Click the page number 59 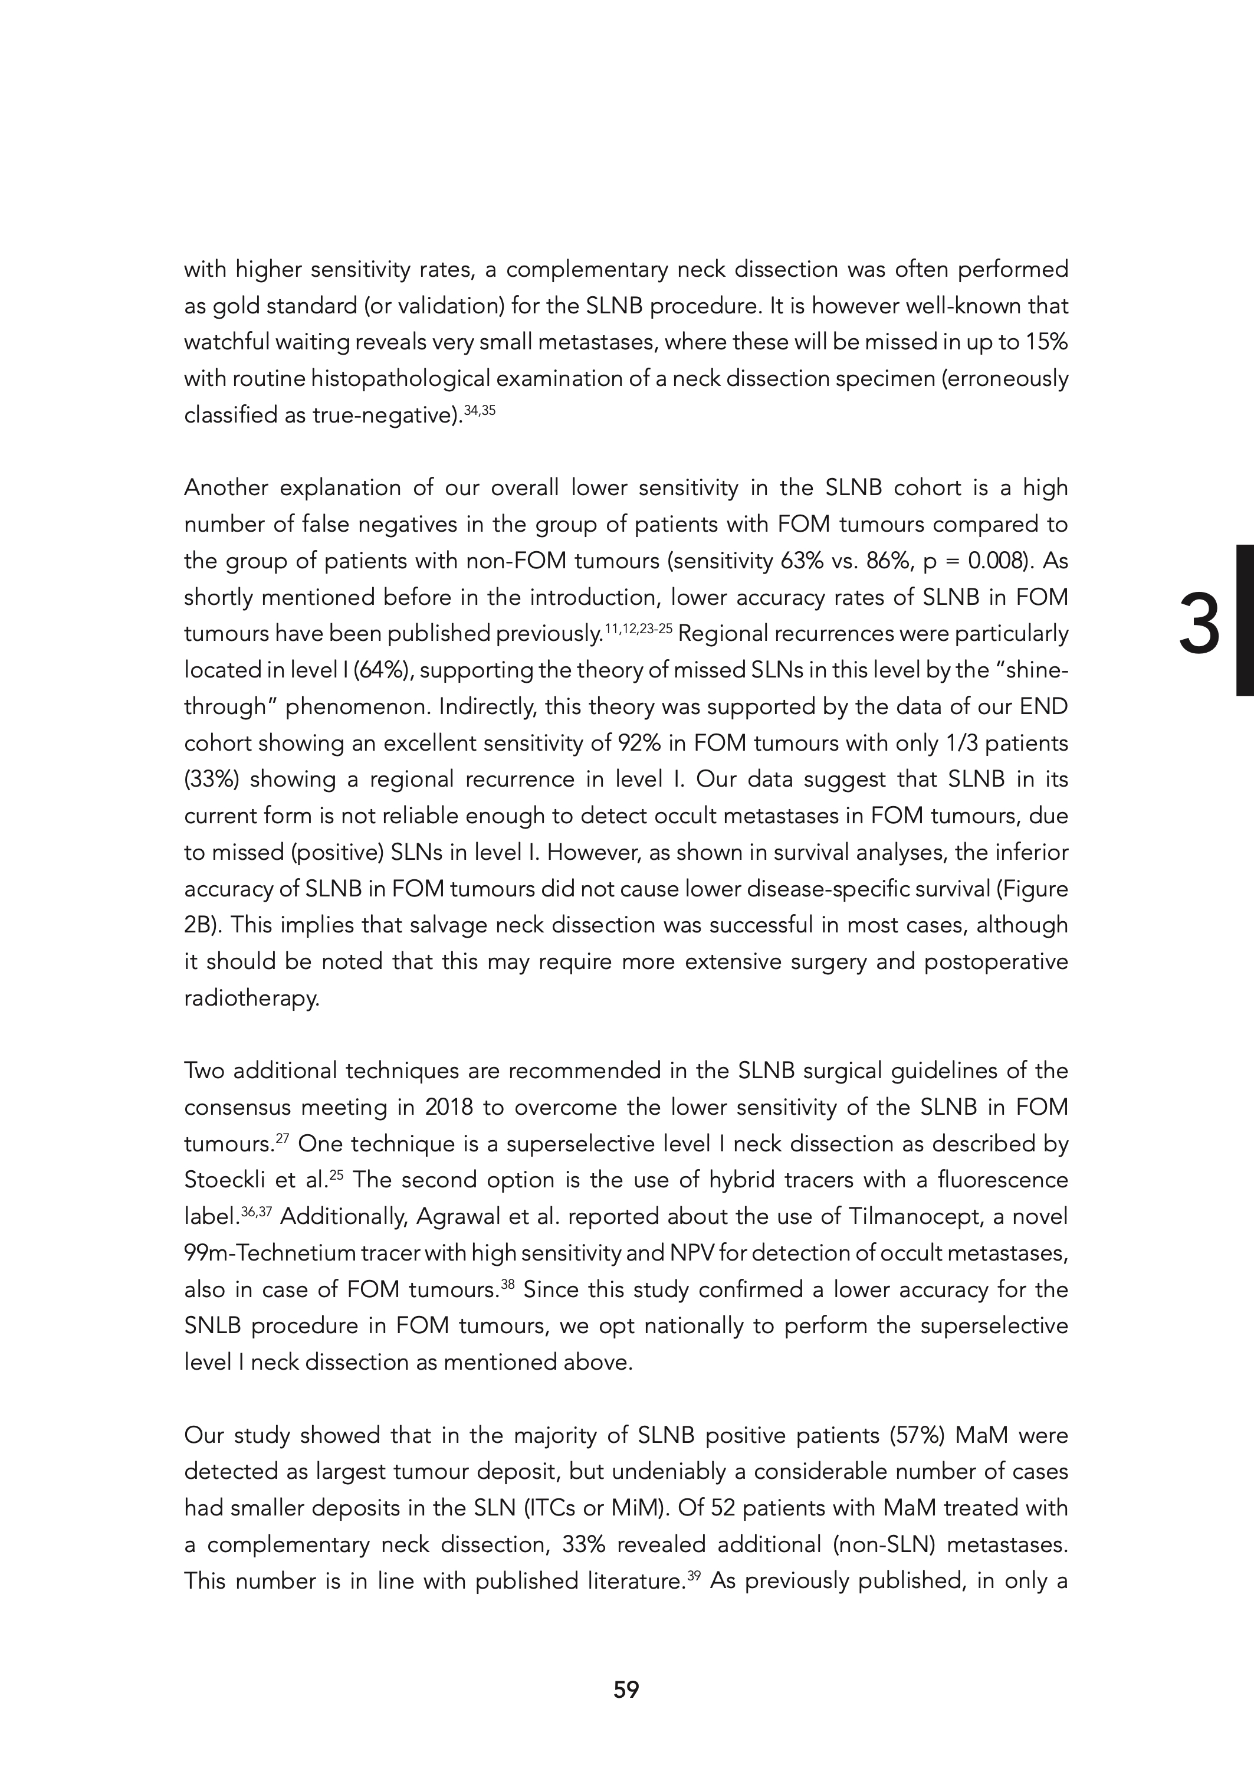(626, 1690)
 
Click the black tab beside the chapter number (1245, 620)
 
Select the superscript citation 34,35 (479, 410)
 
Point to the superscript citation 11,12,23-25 (639, 628)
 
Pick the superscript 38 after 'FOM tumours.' (507, 1284)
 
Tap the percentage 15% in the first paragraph (1047, 342)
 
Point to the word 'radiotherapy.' (251, 999)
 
